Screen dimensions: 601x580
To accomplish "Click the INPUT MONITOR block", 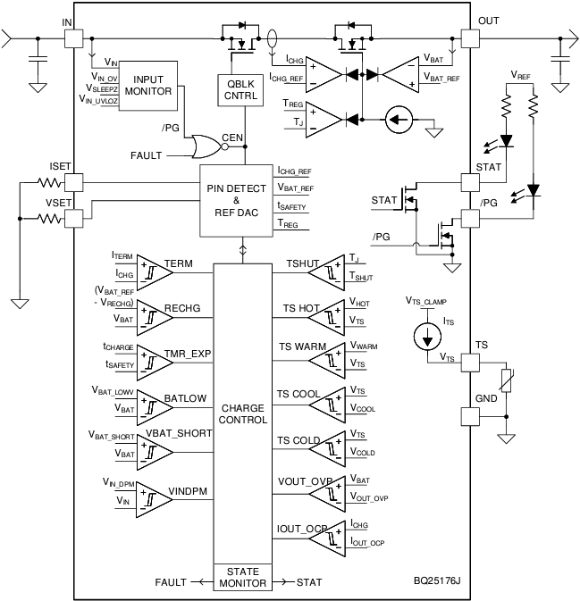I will (149, 85).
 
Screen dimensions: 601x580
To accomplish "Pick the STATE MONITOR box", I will (243, 577).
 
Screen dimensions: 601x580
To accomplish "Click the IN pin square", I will (74, 39).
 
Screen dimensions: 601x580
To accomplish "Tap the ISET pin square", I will (74, 182).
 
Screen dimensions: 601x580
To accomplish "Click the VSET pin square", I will (74, 216).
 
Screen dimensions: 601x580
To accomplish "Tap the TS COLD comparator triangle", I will (331, 447).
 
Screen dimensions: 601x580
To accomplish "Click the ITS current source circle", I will (427, 337).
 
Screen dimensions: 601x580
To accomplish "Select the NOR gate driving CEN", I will (206, 146).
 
